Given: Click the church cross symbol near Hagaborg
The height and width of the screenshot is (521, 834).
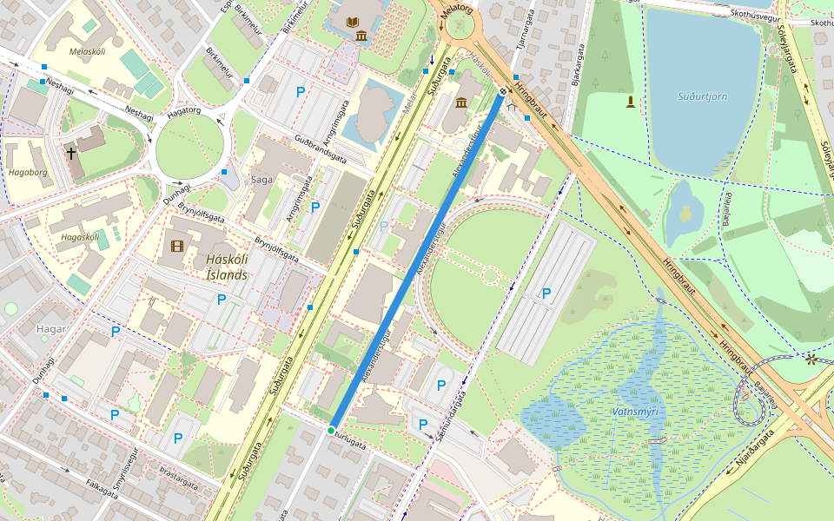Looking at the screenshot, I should [71, 154].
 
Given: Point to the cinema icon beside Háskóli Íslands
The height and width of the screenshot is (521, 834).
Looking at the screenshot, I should [178, 247].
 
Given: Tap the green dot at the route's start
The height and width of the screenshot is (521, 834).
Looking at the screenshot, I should [331, 431].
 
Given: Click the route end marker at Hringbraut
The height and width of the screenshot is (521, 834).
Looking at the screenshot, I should [503, 92].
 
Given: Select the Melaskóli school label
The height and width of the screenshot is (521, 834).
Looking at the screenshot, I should [87, 52].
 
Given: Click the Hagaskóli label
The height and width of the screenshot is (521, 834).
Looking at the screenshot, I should [80, 236].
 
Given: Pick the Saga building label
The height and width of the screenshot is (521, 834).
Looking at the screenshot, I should [261, 180].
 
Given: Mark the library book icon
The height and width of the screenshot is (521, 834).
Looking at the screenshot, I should [352, 21].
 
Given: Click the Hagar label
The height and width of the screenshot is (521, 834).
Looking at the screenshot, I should [51, 329].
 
